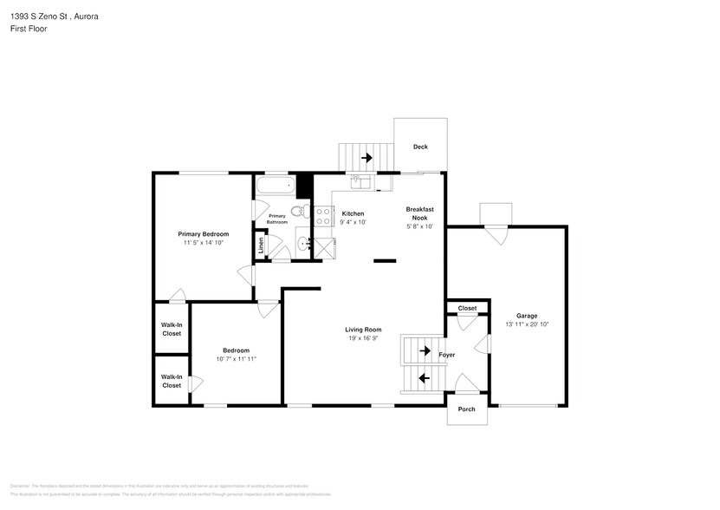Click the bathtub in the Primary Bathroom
point(274,186)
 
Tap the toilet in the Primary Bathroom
point(297,211)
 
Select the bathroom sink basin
point(302,245)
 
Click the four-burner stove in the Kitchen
point(323,216)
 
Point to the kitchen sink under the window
point(361,181)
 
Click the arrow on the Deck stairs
point(366,158)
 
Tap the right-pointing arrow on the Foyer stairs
point(425,351)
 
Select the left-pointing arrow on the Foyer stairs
point(425,378)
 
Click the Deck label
point(420,147)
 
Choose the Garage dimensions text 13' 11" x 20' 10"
point(527,324)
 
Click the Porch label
point(466,409)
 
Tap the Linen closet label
point(261,245)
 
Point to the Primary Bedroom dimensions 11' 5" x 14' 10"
point(204,243)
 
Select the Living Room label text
point(363,330)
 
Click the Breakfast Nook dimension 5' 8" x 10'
point(420,226)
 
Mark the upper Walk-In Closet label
point(172,329)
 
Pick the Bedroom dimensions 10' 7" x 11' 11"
point(237,358)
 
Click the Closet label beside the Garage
point(467,308)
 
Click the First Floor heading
point(29,29)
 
